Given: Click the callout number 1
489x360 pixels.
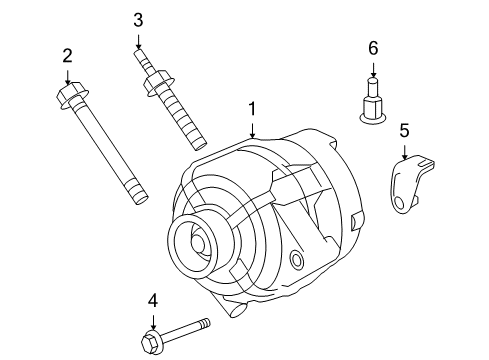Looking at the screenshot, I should click(x=253, y=108).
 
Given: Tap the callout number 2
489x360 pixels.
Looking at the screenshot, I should click(x=67, y=55).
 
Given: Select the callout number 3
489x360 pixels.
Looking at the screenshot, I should click(x=138, y=19).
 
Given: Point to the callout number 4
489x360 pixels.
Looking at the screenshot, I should click(x=153, y=299).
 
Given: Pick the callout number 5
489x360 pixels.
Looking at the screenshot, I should click(x=404, y=129).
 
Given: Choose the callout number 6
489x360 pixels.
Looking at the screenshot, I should click(x=372, y=48).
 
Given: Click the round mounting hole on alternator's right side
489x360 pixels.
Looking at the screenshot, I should click(x=296, y=261).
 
